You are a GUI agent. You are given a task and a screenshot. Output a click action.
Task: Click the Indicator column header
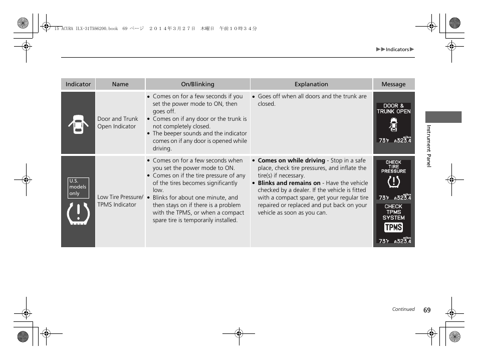(x=78, y=84)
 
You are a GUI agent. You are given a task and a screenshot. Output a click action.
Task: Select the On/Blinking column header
(x=197, y=84)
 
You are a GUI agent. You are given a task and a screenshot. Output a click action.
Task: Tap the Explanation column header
(x=311, y=84)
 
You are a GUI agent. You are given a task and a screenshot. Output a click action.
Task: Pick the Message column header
(x=393, y=84)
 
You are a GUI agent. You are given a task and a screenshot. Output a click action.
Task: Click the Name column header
(x=120, y=84)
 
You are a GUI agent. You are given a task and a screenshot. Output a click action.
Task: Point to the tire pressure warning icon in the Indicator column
(x=78, y=214)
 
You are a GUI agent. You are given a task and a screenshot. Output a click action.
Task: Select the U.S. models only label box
(x=78, y=187)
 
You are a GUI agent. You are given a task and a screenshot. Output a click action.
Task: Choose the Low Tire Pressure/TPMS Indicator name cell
(x=120, y=201)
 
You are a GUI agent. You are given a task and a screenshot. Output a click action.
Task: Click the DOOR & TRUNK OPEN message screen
(x=394, y=123)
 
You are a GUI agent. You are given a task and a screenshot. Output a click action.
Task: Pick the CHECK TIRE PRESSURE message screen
(x=394, y=179)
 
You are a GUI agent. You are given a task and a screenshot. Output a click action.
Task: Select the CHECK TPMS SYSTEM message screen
(x=394, y=224)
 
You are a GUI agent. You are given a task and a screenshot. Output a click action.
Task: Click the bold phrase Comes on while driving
(x=291, y=160)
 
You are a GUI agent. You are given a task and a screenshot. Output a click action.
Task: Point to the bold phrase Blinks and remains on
(x=289, y=183)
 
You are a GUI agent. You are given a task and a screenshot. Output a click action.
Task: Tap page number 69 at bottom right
(x=426, y=310)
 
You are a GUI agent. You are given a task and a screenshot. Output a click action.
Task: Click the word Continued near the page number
(x=403, y=309)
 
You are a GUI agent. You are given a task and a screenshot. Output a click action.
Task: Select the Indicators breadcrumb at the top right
(x=397, y=50)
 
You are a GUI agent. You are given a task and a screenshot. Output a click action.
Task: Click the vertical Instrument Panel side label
(x=429, y=146)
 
